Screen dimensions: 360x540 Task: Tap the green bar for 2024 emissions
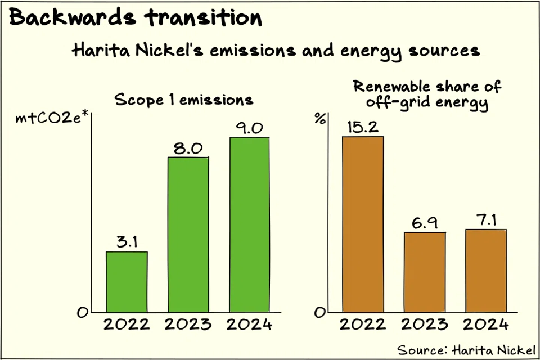249,224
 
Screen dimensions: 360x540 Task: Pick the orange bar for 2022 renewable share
363,224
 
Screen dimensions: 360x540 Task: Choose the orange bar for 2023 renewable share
425,272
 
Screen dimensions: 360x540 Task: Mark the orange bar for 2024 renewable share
486,270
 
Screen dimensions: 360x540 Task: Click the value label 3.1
127,242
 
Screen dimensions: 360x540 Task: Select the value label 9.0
249,128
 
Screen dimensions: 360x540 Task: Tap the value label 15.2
363,128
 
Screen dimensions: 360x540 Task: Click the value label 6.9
425,223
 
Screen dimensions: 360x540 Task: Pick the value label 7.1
486,220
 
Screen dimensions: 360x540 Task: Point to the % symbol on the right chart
320,119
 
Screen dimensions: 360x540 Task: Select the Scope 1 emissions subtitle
184,100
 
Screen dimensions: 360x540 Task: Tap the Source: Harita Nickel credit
466,349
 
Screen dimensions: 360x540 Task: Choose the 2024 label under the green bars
249,325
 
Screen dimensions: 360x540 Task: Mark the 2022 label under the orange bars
363,325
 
